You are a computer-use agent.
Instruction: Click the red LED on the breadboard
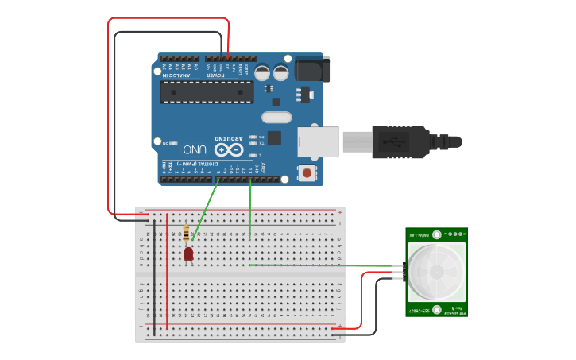coord(189,254)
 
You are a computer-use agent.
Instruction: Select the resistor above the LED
coord(187,233)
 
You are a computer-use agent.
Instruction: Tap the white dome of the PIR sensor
coord(436,271)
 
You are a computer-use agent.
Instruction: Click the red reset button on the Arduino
coord(307,172)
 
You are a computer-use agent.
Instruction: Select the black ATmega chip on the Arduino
coord(207,91)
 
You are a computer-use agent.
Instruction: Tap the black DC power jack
coord(311,69)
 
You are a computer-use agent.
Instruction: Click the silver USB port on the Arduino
coord(317,142)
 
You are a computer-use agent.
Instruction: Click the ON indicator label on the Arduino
coord(165,144)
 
